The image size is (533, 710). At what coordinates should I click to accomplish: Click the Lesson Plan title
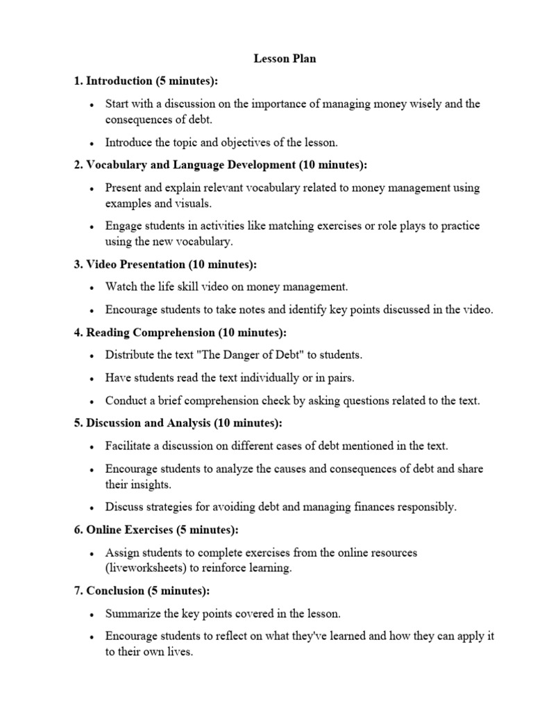click(285, 59)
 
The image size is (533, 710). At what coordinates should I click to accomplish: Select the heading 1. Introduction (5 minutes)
click(146, 81)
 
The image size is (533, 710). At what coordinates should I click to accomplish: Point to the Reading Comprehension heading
click(180, 332)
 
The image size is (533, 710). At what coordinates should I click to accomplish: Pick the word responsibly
click(425, 507)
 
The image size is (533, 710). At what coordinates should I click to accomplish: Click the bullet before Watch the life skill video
click(92, 287)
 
